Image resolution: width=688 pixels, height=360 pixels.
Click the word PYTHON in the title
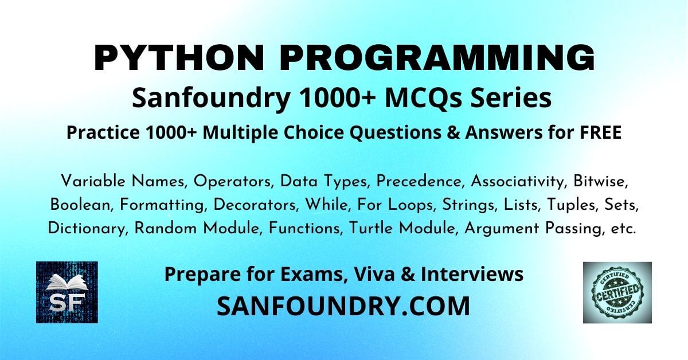click(179, 58)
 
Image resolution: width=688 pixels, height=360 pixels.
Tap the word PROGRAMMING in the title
click(437, 58)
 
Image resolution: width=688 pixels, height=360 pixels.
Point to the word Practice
click(103, 132)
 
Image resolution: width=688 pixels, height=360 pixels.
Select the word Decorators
click(256, 205)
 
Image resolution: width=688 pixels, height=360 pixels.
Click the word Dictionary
click(88, 229)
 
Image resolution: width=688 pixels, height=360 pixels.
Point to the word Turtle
click(371, 228)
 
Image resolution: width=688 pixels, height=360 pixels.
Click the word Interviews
click(472, 274)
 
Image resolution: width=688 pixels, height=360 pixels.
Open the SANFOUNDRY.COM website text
click(343, 306)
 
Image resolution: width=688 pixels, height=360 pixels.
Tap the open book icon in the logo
click(67, 283)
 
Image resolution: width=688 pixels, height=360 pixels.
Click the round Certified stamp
click(617, 292)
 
